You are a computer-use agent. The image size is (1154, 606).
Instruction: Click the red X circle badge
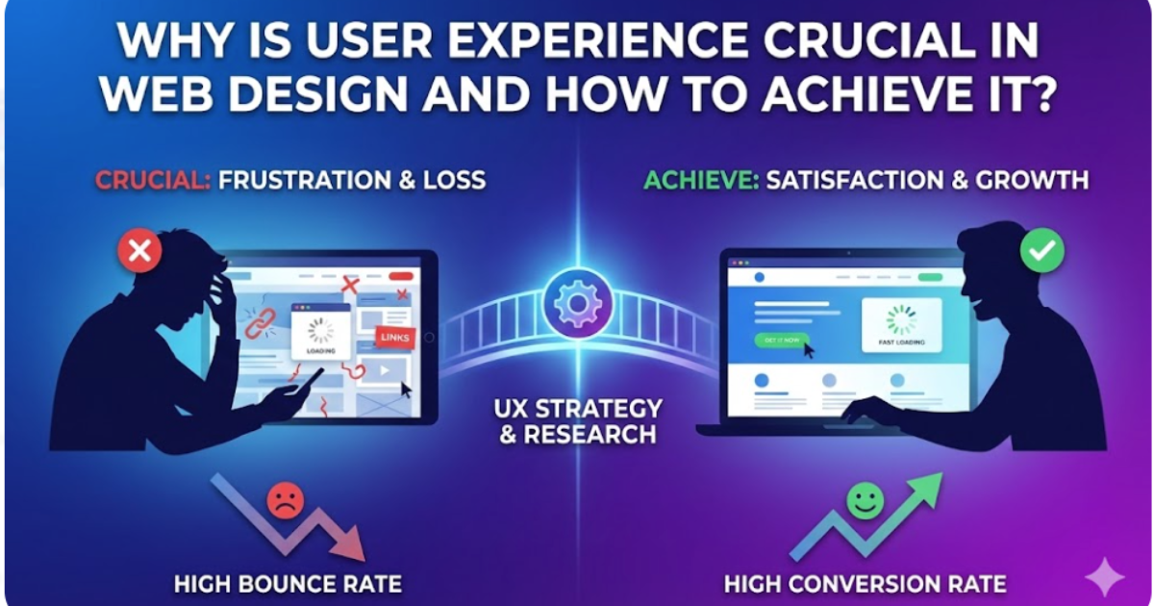139,252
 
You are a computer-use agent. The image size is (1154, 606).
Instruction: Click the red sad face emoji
285,500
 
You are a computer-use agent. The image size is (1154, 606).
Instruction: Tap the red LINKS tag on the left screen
393,338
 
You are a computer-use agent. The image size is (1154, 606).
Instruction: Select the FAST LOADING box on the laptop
901,328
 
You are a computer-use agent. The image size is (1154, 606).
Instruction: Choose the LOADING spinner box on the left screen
320,333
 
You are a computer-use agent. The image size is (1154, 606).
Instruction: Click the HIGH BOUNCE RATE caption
288,583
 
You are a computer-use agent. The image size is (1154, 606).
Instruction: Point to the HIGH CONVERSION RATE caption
865,583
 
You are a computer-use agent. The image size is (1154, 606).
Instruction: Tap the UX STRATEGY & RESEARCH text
577,420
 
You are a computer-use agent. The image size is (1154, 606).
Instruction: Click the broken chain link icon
261,324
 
